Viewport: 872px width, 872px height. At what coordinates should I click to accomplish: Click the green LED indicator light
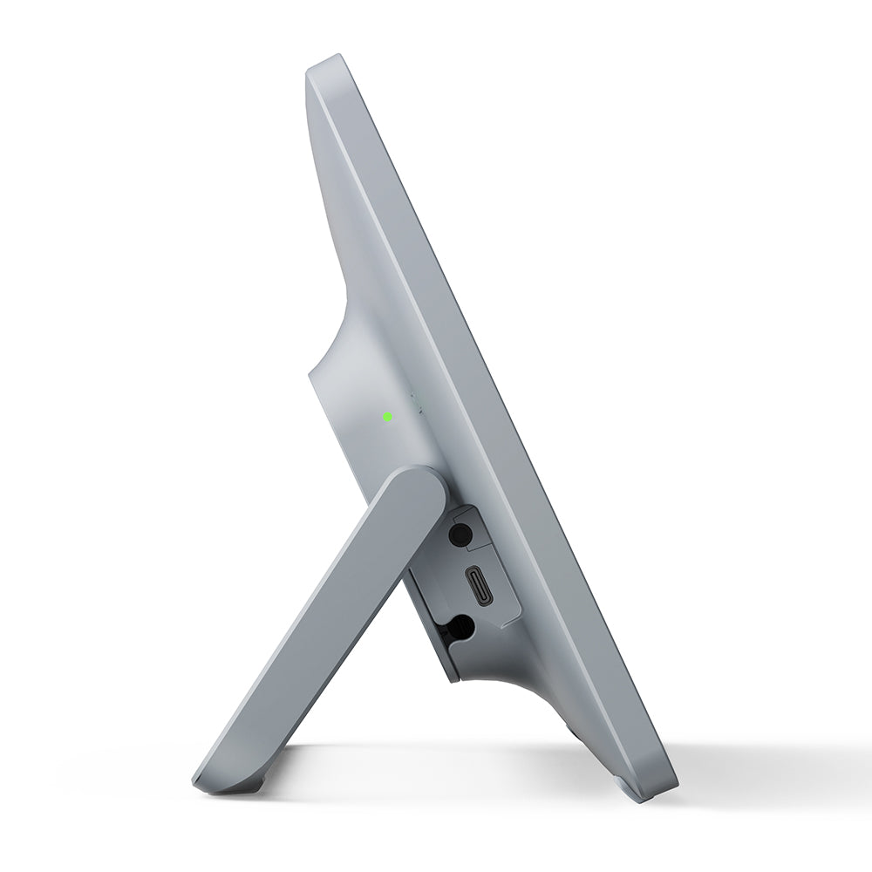coord(386,417)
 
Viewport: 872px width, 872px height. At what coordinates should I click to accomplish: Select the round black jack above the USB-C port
coord(460,534)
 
